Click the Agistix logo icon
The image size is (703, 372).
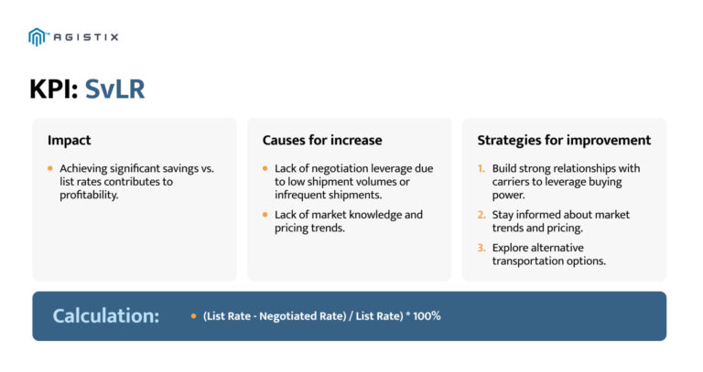point(38,37)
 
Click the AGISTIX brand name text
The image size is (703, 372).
point(85,37)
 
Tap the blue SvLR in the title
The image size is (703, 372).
point(114,89)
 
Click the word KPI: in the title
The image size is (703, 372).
point(54,89)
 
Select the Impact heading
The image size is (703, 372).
point(70,140)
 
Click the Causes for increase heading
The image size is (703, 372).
point(322,140)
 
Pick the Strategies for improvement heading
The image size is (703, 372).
point(564,140)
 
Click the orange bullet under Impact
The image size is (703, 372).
point(50,169)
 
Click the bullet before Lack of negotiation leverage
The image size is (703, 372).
point(265,169)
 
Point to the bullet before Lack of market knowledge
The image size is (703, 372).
point(265,215)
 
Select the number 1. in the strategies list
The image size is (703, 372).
point(481,169)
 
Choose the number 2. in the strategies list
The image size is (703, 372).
point(481,215)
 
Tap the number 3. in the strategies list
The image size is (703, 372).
point(481,248)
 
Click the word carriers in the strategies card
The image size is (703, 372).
point(512,182)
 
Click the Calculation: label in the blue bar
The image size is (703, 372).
point(106,316)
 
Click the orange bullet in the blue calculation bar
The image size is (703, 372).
point(193,316)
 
